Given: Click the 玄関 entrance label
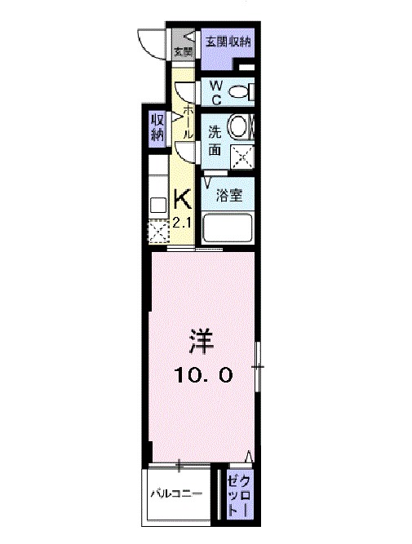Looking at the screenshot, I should pyautogui.click(x=183, y=53).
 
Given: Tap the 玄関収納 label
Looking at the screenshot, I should pyautogui.click(x=228, y=41).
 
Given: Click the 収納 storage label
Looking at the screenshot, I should pyautogui.click(x=157, y=127).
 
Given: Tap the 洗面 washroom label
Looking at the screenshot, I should pyautogui.click(x=214, y=140).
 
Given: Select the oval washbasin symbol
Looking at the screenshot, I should pyautogui.click(x=238, y=127).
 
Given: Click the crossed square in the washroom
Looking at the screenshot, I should pyautogui.click(x=241, y=154).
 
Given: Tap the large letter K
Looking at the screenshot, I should pyautogui.click(x=183, y=198).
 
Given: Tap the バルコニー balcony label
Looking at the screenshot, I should pyautogui.click(x=175, y=493).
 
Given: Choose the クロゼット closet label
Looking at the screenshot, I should pyautogui.click(x=237, y=493).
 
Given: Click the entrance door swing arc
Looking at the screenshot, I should pyautogui.click(x=151, y=42).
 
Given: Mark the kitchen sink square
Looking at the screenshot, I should pyautogui.click(x=157, y=204).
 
